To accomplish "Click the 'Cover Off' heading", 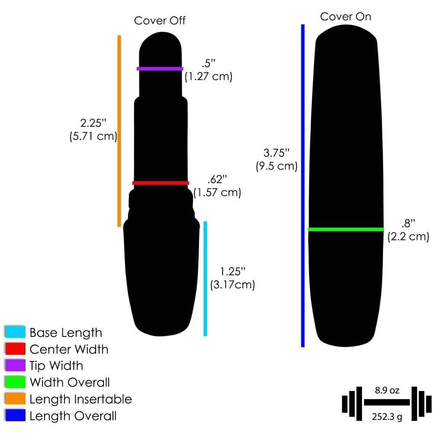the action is (160, 21).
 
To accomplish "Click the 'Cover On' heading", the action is (346, 16).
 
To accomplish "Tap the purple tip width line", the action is (160, 68).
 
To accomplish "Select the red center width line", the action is (161, 183).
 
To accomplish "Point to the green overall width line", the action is (346, 229).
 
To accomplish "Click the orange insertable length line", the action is (120, 131).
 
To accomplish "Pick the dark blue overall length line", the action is (303, 186).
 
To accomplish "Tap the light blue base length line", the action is (205, 278).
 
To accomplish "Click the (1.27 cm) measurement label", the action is (209, 77).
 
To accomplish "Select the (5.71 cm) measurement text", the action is (94, 136).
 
